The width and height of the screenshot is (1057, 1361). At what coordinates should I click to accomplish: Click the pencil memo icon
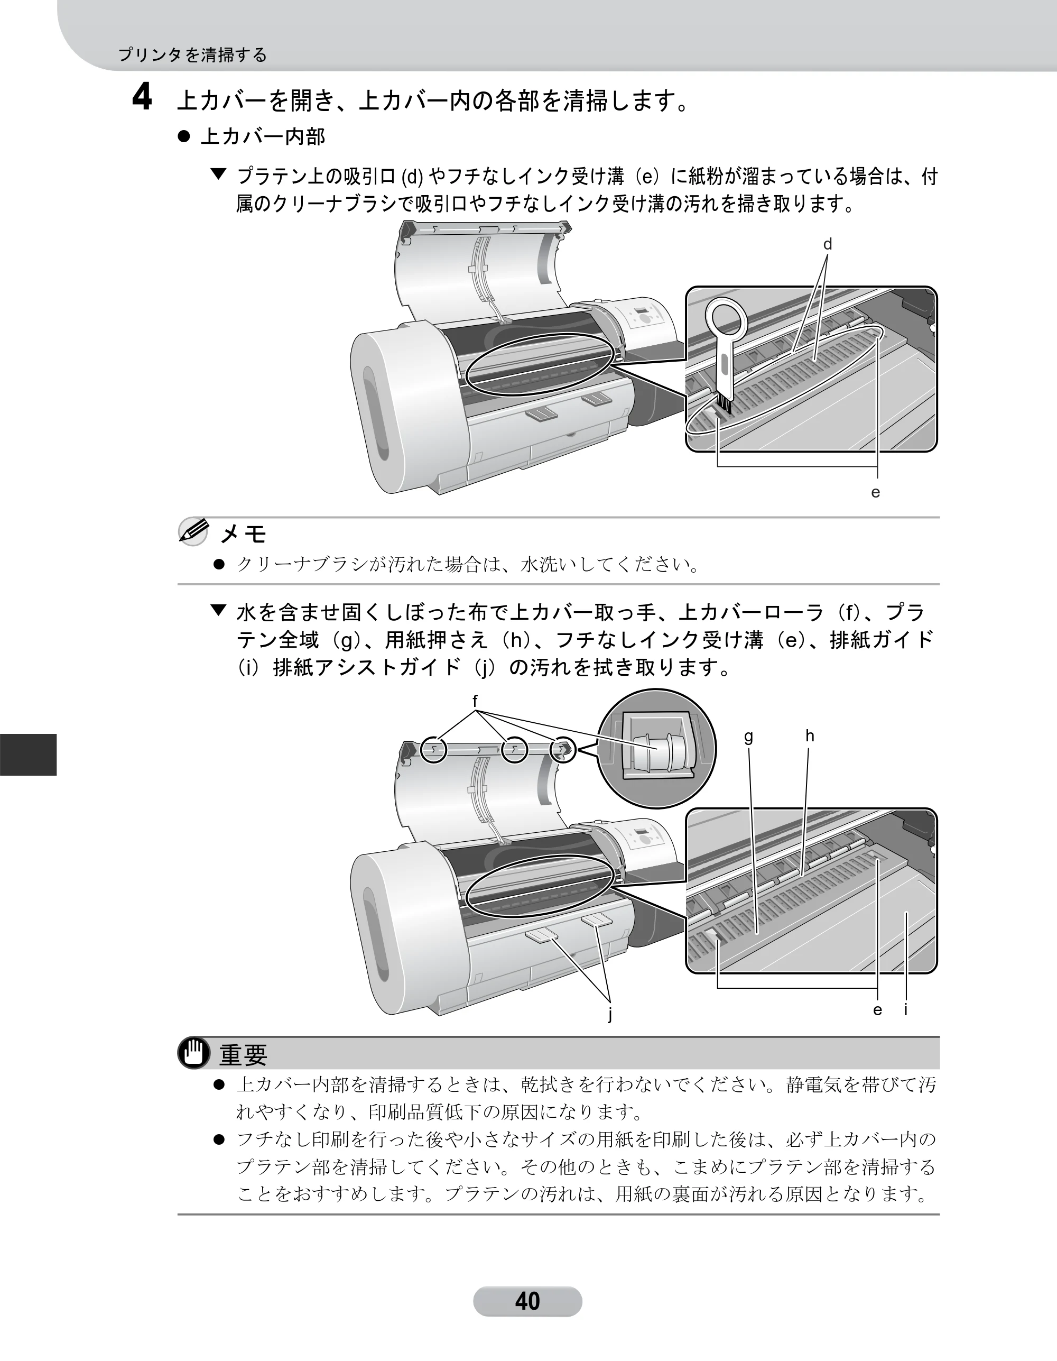tap(193, 531)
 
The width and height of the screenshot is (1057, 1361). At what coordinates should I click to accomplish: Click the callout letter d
tap(827, 244)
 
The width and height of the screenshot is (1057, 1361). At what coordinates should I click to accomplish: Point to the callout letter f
tap(475, 701)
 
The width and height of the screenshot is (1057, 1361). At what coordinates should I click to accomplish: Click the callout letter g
tap(749, 737)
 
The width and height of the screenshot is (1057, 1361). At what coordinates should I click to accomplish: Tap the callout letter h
tap(810, 736)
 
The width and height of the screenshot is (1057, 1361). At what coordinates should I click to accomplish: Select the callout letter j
tap(610, 1015)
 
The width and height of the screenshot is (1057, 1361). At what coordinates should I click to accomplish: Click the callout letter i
tap(906, 1009)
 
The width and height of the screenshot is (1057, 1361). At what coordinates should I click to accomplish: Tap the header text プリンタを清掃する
tap(192, 55)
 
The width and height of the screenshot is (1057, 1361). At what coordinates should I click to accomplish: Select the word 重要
tap(244, 1054)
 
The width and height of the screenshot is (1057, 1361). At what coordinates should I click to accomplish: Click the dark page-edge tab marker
tap(28, 755)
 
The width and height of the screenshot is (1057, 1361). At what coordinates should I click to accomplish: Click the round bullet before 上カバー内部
tap(184, 136)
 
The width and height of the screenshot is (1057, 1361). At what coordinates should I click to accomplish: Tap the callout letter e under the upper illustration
tap(876, 492)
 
